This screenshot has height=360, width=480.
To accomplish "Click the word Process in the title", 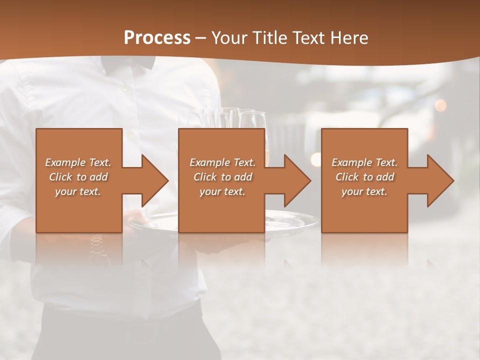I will click(x=157, y=37).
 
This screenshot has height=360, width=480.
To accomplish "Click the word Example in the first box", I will click(x=65, y=162).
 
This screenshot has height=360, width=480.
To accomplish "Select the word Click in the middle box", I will click(x=203, y=177).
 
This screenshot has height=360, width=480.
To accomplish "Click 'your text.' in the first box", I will click(x=78, y=191).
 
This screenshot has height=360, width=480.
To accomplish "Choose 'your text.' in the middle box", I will click(x=222, y=191).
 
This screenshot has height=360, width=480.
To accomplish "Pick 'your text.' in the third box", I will click(x=364, y=191).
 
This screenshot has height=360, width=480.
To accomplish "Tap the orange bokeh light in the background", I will click(x=440, y=105).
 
